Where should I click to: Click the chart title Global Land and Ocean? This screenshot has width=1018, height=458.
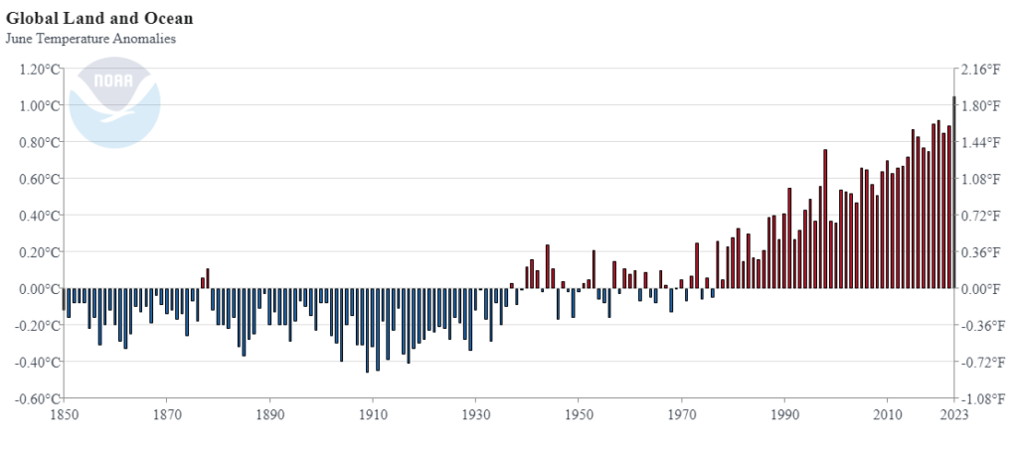(99, 18)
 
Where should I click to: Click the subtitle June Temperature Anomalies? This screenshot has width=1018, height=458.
(90, 39)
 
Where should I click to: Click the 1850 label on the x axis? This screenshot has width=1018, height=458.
(63, 414)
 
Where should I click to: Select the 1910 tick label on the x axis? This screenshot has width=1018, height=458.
(372, 414)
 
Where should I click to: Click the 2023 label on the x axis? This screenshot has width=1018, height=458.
(954, 414)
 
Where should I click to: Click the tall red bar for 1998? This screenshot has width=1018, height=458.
(825, 220)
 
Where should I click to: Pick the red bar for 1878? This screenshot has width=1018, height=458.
(208, 279)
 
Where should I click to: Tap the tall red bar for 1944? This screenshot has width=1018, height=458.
(547, 266)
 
